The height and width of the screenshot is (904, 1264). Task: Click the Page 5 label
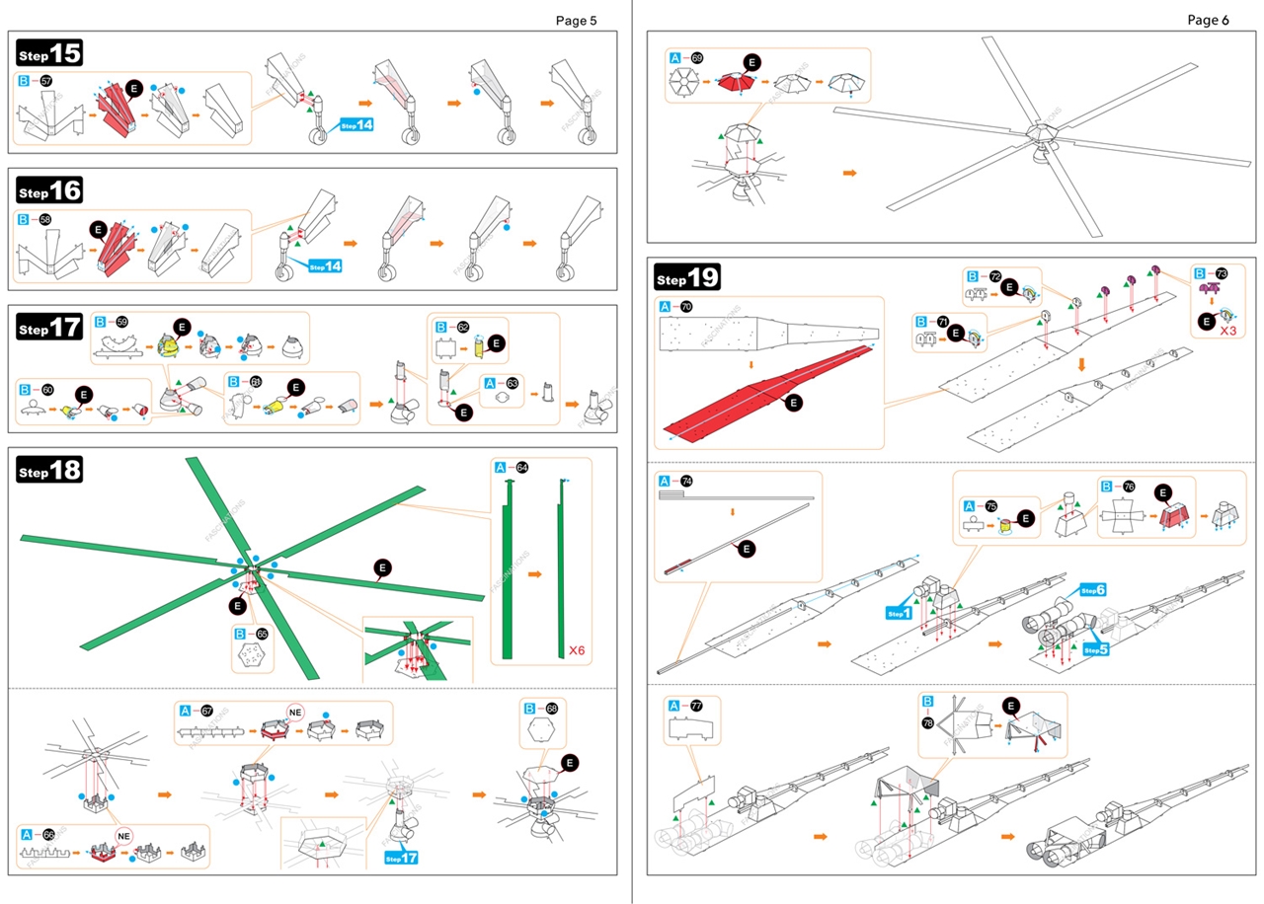point(576,20)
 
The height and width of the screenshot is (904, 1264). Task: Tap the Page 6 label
point(1208,20)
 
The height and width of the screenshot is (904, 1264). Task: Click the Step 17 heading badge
point(49,329)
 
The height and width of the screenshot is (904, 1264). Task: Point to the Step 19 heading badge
point(688,277)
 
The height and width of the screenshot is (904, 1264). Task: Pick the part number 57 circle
point(45,81)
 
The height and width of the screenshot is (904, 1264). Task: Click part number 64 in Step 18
point(522,467)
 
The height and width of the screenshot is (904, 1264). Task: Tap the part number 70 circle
point(686,307)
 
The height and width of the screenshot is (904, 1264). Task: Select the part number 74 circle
point(686,482)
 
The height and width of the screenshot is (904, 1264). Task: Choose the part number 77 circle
point(696,706)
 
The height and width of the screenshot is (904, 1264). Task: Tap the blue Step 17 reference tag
point(401,858)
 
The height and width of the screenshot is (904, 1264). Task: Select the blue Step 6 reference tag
point(1092,590)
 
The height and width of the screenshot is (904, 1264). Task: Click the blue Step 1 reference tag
point(899,613)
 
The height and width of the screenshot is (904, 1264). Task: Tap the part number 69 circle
point(697,58)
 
